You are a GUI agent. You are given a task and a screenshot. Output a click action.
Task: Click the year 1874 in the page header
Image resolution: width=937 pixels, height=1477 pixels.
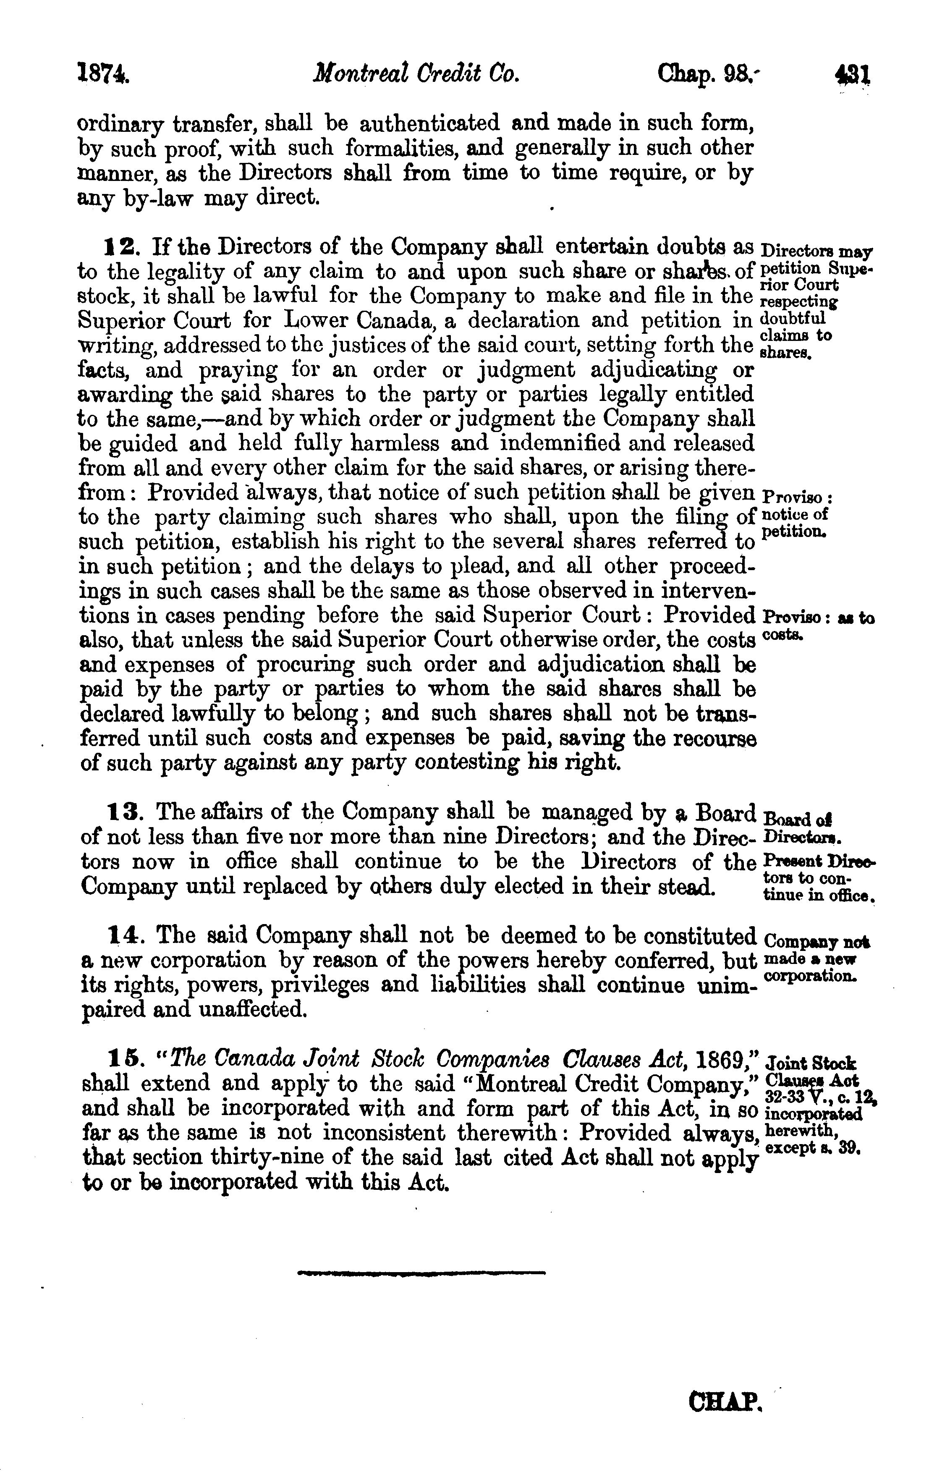coord(103,76)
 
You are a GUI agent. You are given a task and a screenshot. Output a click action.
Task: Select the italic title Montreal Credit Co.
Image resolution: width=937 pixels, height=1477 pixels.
coord(416,76)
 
